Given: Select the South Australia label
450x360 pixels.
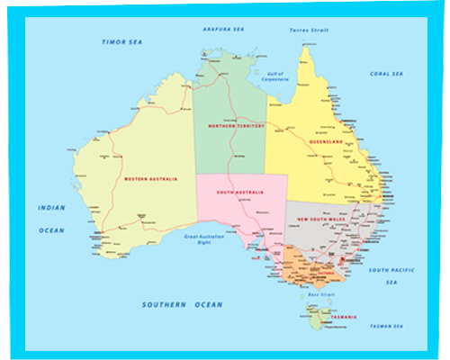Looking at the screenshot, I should point(240,193).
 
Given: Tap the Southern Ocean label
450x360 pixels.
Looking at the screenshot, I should point(182,305).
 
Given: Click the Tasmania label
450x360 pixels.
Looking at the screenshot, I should point(343,318).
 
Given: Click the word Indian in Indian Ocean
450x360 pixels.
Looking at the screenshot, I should point(51,208).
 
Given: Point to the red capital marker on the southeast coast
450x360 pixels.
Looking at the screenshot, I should point(353,262).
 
